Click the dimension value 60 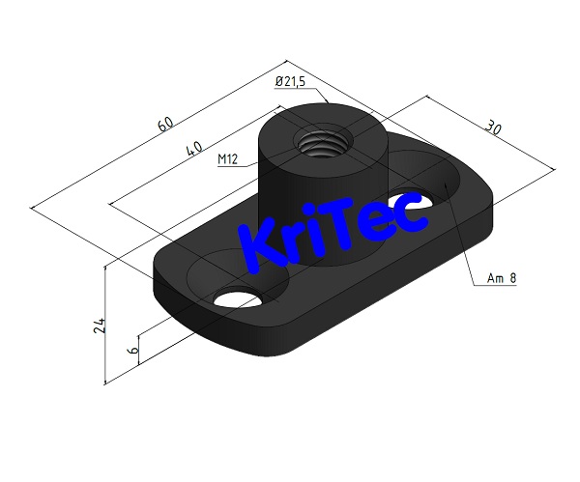click(165, 125)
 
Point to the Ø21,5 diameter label click(290, 83)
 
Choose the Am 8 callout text click(502, 279)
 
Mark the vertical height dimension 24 click(99, 325)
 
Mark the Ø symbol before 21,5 click(277, 83)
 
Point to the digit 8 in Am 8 click(513, 279)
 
